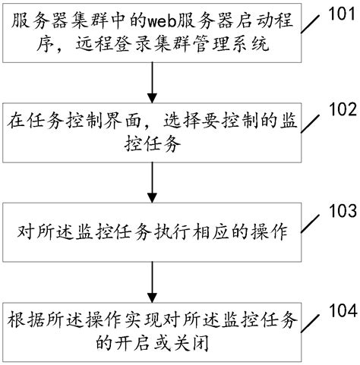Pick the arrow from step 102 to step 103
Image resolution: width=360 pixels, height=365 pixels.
pyautogui.click(x=153, y=180)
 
